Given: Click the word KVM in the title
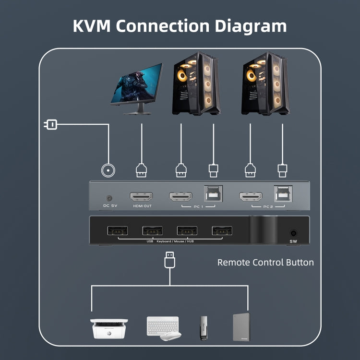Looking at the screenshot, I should click(x=92, y=25).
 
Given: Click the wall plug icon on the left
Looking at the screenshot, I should click(x=50, y=125).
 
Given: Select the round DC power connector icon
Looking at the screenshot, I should click(x=109, y=170).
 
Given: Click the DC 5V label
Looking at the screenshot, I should click(x=110, y=206).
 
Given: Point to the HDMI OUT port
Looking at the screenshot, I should click(x=141, y=197).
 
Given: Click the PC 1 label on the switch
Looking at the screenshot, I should click(x=198, y=206).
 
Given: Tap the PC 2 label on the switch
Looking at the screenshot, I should click(x=268, y=206).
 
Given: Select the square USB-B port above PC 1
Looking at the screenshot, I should click(x=212, y=194).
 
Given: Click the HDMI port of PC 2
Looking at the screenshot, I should click(x=251, y=196).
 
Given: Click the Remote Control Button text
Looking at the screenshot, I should click(x=265, y=263).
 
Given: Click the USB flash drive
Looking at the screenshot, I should click(x=203, y=328).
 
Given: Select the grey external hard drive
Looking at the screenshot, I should click(x=241, y=327).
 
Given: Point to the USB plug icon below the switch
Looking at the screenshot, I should click(x=169, y=260).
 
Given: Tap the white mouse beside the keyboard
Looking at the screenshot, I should click(x=170, y=336).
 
